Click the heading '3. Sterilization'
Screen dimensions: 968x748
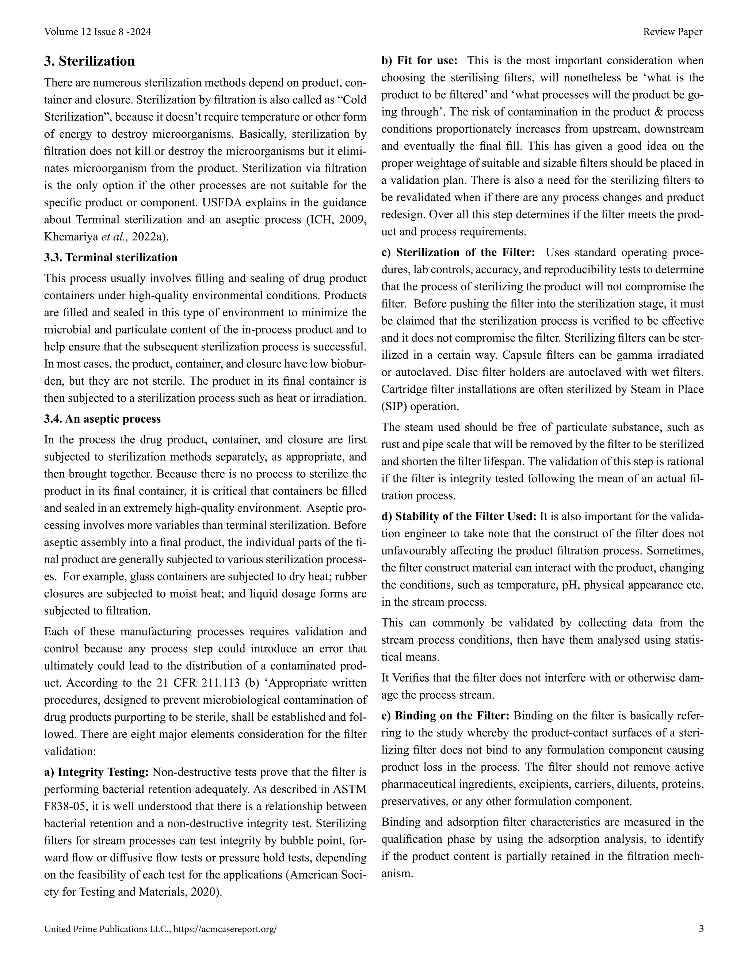[89, 61]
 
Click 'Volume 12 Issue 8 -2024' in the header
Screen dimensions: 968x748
[98, 32]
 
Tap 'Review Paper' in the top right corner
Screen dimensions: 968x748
[672, 32]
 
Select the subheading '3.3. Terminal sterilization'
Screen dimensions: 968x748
[110, 258]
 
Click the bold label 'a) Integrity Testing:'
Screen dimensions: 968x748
[96, 772]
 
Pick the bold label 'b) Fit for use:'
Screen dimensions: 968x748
[419, 60]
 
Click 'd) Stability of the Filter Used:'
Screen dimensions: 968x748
[459, 517]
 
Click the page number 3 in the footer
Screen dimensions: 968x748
[701, 929]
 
